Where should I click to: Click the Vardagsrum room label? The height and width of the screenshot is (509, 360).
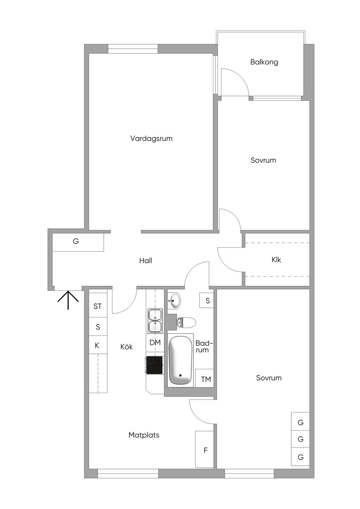pos(151,138)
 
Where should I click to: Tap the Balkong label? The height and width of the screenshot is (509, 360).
pos(264,62)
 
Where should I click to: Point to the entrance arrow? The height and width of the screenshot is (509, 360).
pos(68,300)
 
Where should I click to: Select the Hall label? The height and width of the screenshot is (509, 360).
pos(146,261)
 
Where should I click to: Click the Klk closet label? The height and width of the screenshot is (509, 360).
pos(276,260)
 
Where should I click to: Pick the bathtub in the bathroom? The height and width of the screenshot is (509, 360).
pos(180,360)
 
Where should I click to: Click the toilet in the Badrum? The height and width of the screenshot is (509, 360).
pos(186,322)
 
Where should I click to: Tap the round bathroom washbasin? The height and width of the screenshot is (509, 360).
pos(174,301)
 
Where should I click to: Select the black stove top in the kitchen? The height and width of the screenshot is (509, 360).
pos(154,365)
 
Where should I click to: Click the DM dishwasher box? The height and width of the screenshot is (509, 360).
pos(155,342)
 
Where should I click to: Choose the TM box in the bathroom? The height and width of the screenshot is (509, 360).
pos(206,379)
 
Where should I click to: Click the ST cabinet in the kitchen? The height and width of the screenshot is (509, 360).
pos(98,306)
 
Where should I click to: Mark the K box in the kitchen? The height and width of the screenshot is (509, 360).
pos(97,346)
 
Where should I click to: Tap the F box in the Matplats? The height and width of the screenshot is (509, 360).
pos(205,450)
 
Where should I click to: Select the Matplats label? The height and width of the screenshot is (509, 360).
pos(144,435)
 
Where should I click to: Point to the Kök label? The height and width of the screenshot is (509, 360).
pos(127,347)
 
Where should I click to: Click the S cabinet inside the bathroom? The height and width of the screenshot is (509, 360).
pos(207,301)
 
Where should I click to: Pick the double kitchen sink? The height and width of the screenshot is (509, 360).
pos(155,321)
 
